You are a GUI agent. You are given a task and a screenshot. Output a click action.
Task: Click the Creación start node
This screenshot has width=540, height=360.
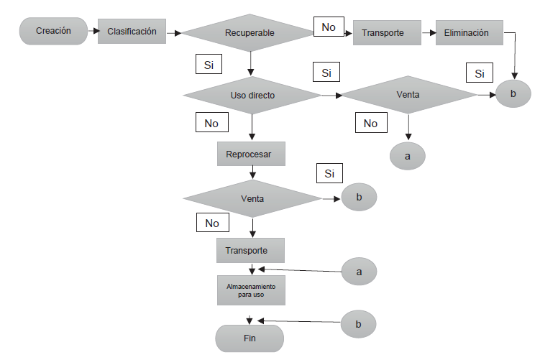52,31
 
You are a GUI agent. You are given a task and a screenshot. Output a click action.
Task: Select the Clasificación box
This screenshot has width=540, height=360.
132,32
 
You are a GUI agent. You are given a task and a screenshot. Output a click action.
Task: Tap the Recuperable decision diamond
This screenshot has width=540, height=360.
250,33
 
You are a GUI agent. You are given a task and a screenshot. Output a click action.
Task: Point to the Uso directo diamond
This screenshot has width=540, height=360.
252,95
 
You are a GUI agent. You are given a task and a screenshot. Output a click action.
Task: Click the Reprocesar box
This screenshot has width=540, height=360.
250,154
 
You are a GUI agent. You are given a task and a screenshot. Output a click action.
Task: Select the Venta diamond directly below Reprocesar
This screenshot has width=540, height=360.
252,198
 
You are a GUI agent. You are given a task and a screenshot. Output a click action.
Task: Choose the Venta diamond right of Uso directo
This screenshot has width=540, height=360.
408,95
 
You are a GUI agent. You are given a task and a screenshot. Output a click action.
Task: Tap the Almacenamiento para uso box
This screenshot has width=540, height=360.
250,290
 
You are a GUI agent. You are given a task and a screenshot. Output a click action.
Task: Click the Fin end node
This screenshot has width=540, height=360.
250,337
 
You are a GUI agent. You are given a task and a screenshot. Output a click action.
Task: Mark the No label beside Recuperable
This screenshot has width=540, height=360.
328,27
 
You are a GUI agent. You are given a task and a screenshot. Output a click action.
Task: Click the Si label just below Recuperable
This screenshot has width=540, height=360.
209,65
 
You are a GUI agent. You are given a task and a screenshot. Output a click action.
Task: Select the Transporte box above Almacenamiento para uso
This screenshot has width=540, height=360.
250,250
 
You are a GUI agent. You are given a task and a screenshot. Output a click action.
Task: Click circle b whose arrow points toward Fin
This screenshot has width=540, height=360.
358,325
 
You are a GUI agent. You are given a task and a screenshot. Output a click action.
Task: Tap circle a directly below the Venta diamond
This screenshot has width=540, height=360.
408,156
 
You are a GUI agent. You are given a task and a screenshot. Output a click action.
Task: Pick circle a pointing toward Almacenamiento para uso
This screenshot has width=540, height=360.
358,272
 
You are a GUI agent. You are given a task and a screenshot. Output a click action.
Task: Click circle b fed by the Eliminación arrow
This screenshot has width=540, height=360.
513,93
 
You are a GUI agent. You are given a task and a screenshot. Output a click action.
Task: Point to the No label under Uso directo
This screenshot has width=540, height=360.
211,123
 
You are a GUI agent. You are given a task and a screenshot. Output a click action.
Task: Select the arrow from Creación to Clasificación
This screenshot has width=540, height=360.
92,31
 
